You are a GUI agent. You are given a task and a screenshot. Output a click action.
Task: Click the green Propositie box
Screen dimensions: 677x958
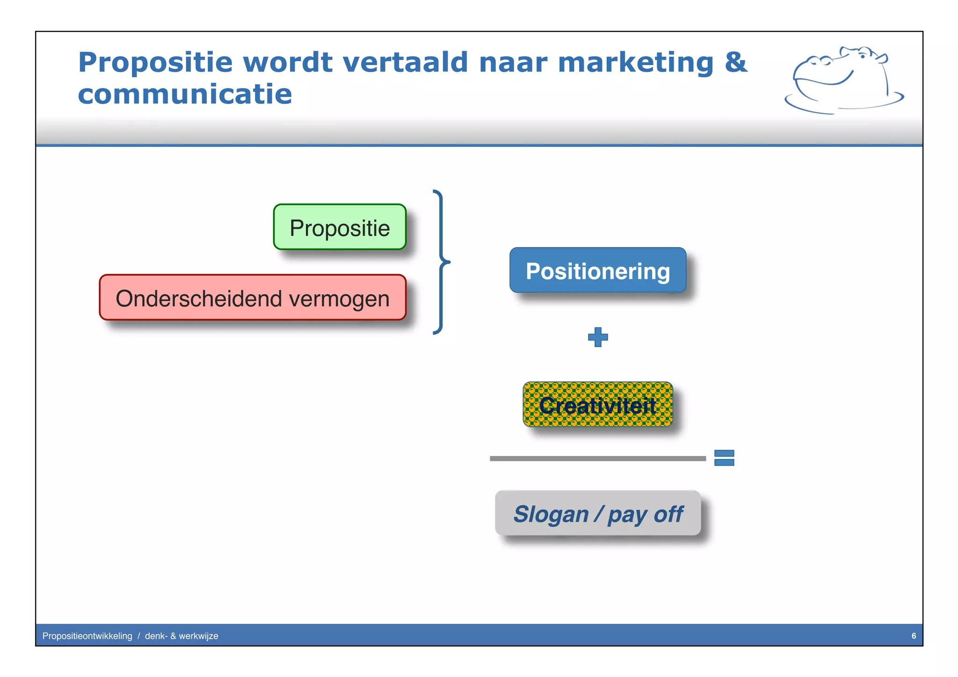pyautogui.click(x=340, y=227)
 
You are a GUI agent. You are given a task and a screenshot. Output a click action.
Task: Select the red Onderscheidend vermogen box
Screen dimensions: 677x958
pyautogui.click(x=253, y=298)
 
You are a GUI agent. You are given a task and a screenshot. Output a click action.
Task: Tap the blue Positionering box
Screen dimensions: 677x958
pyautogui.click(x=598, y=270)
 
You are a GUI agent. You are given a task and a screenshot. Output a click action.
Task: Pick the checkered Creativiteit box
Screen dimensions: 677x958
pyautogui.click(x=598, y=404)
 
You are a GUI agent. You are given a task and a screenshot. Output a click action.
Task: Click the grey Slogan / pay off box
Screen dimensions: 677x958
pyautogui.click(x=598, y=513)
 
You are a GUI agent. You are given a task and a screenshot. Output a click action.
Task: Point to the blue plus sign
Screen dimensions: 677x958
pyautogui.click(x=598, y=337)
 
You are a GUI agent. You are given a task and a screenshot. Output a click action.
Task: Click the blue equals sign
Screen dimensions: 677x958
pyautogui.click(x=724, y=458)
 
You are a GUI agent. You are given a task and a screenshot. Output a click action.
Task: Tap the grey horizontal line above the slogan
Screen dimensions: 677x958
pyautogui.click(x=598, y=459)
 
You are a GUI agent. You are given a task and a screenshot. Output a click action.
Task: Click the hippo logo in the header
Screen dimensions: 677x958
pyautogui.click(x=842, y=80)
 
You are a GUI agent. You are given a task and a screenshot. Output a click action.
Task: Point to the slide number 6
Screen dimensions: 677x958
pyautogui.click(x=914, y=636)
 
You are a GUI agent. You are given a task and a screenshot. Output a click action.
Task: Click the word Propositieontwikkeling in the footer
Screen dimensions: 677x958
pyautogui.click(x=87, y=636)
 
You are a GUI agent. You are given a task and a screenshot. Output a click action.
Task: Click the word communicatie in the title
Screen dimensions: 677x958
pyautogui.click(x=185, y=95)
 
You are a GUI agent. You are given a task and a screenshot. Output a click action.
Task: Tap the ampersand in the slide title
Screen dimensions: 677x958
pyautogui.click(x=736, y=62)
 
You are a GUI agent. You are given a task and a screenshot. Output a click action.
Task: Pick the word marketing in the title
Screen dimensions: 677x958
pyautogui.click(x=636, y=63)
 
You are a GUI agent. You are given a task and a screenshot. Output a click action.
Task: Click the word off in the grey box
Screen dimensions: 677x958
pyautogui.click(x=668, y=514)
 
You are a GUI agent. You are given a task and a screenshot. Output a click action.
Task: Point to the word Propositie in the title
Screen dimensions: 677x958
pyautogui.click(x=155, y=63)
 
